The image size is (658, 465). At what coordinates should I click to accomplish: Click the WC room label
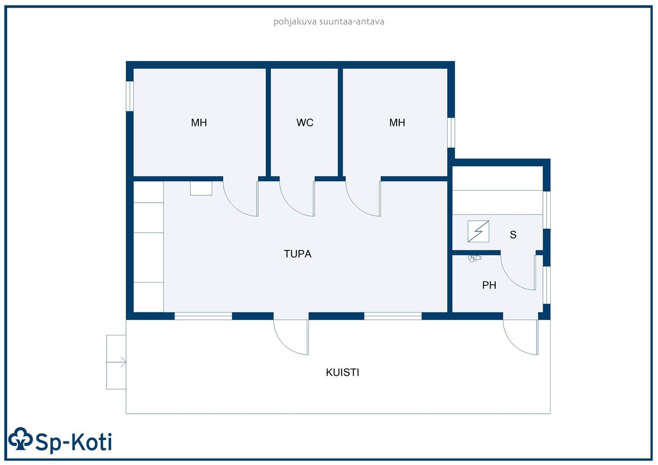click(x=304, y=123)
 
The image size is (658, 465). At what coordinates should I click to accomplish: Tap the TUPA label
click(x=297, y=254)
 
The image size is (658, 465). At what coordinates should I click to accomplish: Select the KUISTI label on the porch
click(x=342, y=372)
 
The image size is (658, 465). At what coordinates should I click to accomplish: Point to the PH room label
click(x=489, y=285)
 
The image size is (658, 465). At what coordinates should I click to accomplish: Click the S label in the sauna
click(x=513, y=235)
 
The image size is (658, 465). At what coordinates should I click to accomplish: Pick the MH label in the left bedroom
click(x=199, y=123)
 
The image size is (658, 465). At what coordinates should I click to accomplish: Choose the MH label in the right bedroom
click(x=397, y=123)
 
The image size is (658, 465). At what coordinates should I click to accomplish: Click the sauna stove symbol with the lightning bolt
click(x=478, y=231)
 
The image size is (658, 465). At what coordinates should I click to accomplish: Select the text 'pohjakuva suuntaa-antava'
click(x=328, y=22)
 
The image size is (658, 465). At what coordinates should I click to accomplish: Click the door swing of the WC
click(x=297, y=199)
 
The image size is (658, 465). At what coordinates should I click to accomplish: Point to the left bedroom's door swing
click(x=241, y=199)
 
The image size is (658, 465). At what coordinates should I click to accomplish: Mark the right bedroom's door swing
click(x=363, y=199)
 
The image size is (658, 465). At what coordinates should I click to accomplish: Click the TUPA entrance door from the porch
click(x=291, y=337)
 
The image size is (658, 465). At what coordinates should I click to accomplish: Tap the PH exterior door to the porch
click(x=521, y=337)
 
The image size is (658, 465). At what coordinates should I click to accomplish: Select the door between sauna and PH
click(x=519, y=272)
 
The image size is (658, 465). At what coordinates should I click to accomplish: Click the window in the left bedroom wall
click(x=130, y=96)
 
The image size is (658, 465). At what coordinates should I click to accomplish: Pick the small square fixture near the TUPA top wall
click(x=201, y=188)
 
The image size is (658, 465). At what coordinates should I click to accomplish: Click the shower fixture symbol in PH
click(x=474, y=258)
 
